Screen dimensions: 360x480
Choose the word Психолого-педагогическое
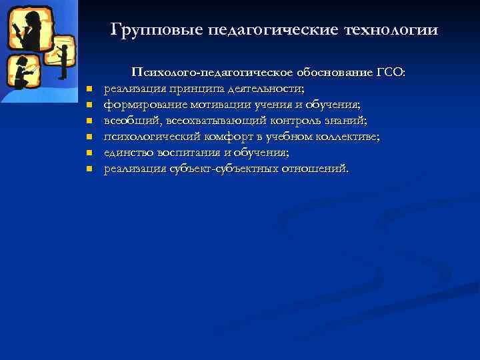(x=207, y=72)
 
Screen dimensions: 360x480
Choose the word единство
(x=127, y=152)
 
